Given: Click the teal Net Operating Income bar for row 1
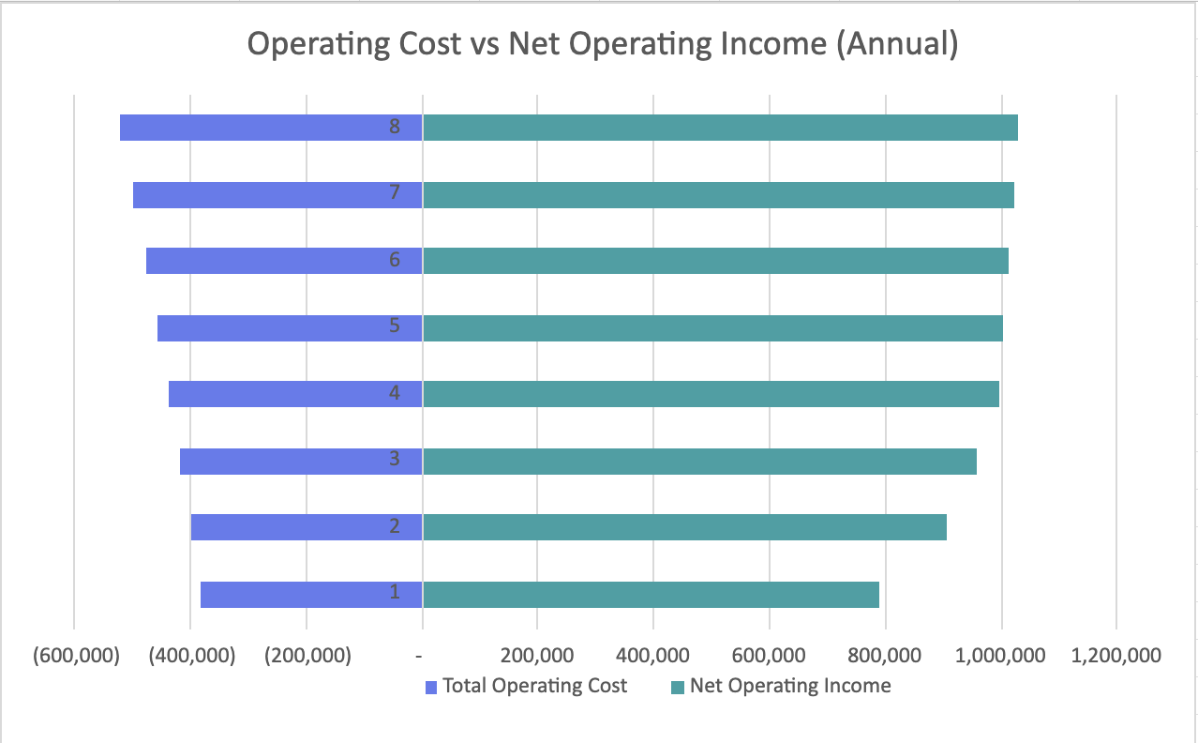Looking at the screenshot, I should point(651,595).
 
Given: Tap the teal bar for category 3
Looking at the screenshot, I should point(699,462).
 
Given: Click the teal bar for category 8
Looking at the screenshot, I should point(720,128).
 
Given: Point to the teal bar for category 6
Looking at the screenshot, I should point(715,261).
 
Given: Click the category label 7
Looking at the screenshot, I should point(395,193).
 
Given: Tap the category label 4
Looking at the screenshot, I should point(395,393).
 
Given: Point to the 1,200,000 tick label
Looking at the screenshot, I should point(1116,656).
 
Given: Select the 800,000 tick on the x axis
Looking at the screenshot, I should point(885,656).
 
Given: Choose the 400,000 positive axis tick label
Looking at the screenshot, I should point(653,656).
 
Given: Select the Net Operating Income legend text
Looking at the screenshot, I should point(790,686).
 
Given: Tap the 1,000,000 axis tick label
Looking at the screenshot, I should point(1000,656).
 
